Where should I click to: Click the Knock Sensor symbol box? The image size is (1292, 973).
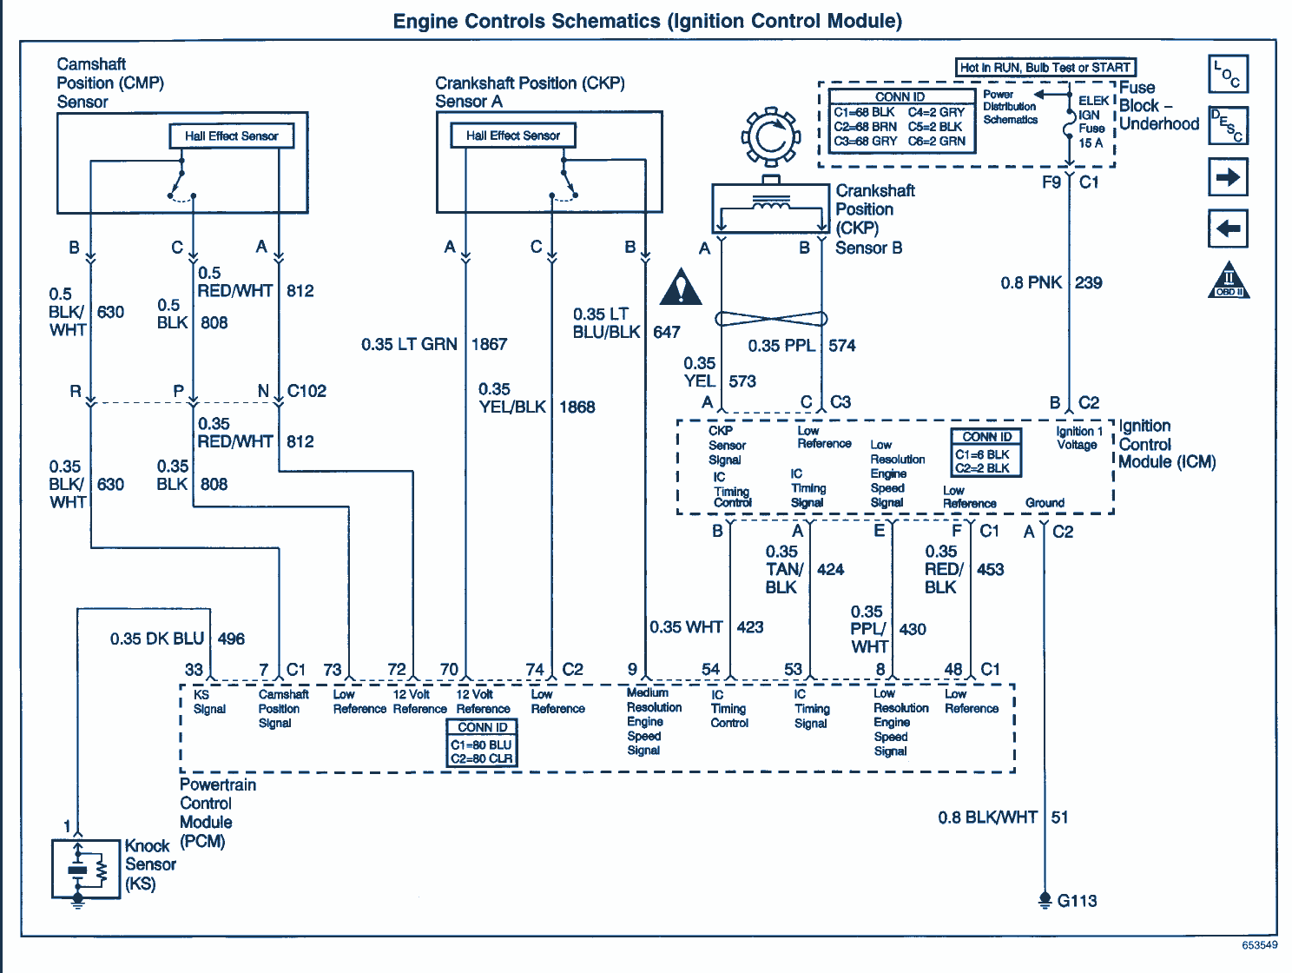[x=86, y=868]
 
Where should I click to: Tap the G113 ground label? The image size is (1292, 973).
[x=1077, y=901]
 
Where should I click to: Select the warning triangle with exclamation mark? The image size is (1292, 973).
[x=681, y=288]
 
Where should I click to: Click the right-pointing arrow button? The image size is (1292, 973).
[x=1228, y=177]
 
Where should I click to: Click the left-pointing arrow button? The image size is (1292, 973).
[x=1228, y=228]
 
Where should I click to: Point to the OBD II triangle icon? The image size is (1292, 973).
[x=1229, y=281]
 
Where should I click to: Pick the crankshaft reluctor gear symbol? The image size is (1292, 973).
[x=770, y=136]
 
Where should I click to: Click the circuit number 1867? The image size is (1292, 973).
[x=489, y=344]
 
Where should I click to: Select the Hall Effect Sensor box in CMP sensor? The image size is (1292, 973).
[x=231, y=136]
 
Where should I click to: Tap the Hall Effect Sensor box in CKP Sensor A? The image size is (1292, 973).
[x=513, y=136]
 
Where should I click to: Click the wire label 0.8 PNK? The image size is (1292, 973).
[x=1031, y=282]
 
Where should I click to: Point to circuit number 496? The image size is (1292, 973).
[x=231, y=639]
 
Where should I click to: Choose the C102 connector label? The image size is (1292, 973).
[x=307, y=391]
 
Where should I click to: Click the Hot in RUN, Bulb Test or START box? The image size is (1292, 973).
[x=1045, y=67]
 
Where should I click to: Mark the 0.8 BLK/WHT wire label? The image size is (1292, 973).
[x=987, y=817]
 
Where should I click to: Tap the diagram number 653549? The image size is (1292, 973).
[x=1259, y=945]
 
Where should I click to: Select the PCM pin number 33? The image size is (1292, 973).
[x=194, y=669]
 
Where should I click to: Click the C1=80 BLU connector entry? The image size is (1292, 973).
[x=481, y=745]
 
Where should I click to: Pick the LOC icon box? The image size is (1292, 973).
[x=1228, y=74]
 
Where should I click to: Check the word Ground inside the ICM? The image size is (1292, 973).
[x=1045, y=503]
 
